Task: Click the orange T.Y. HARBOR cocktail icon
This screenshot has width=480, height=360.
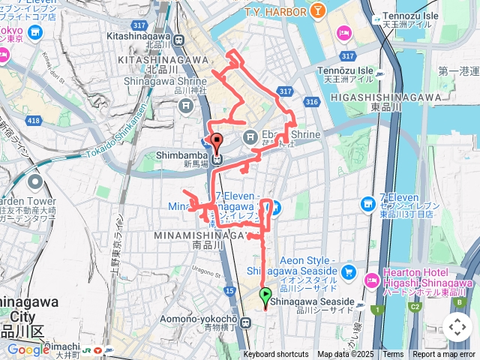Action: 319,11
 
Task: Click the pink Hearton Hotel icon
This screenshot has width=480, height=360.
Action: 371,280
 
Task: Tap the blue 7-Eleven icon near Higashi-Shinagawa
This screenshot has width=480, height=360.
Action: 367,203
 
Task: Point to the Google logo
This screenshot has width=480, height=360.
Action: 27,349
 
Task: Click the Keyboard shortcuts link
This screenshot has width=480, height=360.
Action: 275,354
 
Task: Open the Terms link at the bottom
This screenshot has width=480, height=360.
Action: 393,354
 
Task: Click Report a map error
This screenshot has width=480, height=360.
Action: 443,354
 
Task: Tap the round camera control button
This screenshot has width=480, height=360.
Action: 457,327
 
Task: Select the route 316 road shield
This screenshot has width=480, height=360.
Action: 313,102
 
